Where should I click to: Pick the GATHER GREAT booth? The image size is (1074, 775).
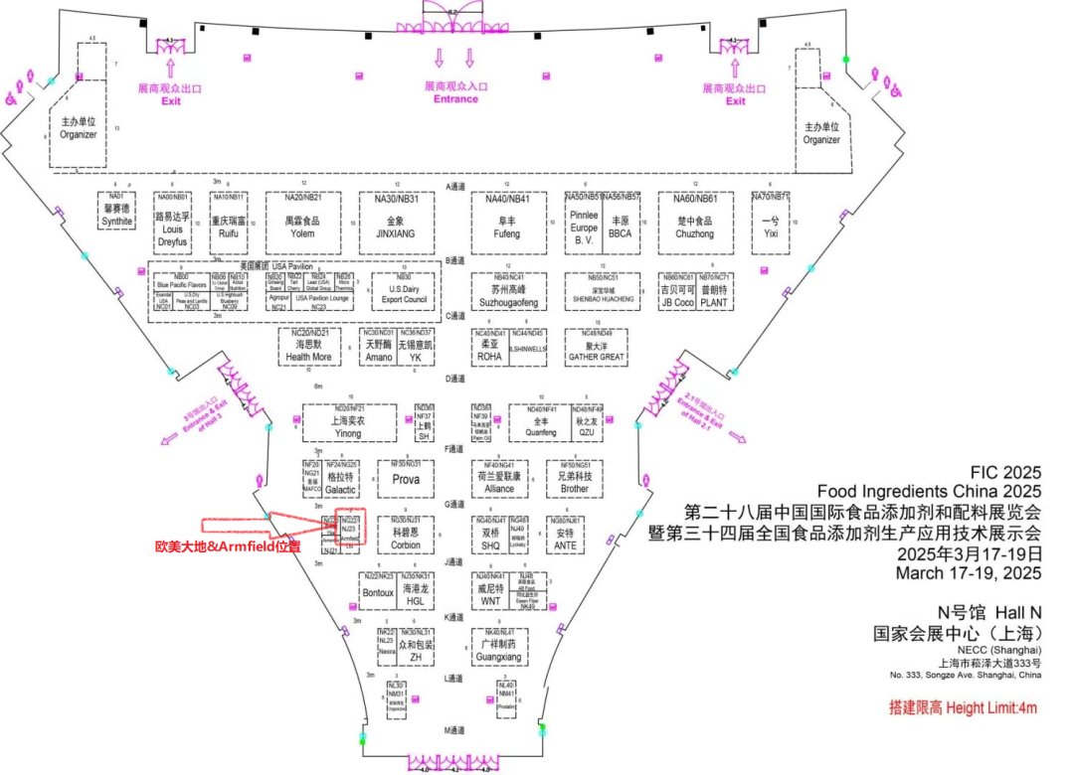[597, 349]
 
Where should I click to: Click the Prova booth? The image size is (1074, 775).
[406, 480]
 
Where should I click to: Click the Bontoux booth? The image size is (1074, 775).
[379, 593]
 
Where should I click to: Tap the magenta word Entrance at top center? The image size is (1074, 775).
[455, 98]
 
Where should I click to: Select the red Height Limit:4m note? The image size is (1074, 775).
[963, 708]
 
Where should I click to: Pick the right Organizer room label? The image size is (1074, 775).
[821, 133]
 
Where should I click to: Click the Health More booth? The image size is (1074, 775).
[308, 350]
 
